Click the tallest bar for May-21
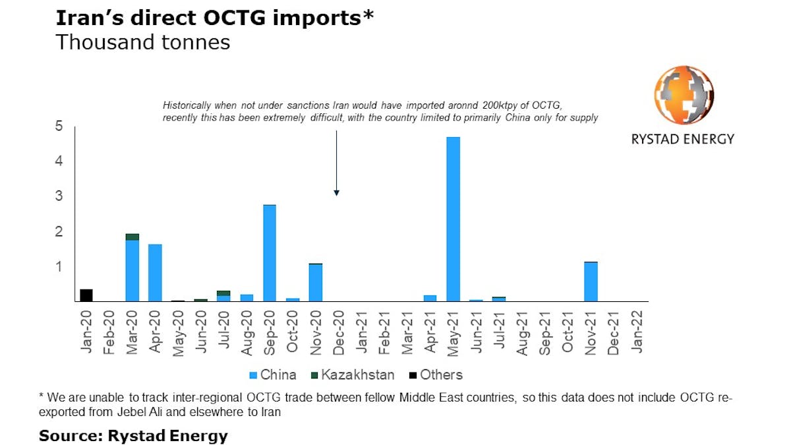click(x=453, y=219)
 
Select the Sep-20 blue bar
click(x=270, y=253)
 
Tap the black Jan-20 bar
click(x=86, y=295)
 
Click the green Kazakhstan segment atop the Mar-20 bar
click(x=132, y=237)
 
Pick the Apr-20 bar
click(x=155, y=273)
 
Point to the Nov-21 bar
click(x=591, y=282)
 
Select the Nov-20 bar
click(x=316, y=283)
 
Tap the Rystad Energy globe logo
click(x=684, y=96)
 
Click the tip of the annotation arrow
click(x=336, y=194)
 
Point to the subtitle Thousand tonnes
click(x=143, y=42)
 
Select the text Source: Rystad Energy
click(x=133, y=436)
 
